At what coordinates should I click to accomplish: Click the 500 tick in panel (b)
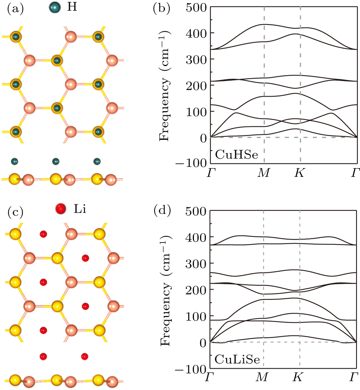(196, 7)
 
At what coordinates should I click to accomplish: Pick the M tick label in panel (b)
(263, 174)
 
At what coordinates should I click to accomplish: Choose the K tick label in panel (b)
(299, 174)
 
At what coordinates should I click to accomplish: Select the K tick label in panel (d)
(299, 379)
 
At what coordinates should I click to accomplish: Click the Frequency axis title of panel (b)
(165, 86)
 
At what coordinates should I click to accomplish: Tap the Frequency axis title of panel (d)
(165, 290)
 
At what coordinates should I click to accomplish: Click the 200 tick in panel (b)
(196, 85)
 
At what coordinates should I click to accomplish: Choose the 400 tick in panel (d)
(196, 237)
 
